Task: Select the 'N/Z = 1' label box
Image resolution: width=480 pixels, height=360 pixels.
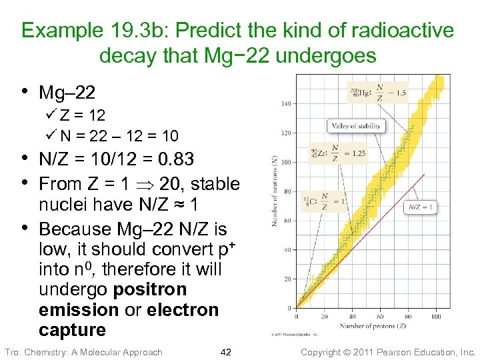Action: click(421, 207)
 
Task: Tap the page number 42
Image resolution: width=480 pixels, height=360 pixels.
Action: click(225, 351)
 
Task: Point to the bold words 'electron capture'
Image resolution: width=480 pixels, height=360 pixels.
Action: click(128, 320)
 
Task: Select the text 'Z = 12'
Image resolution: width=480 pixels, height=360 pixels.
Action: click(83, 116)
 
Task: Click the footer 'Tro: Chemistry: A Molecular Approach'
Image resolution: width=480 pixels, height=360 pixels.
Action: click(83, 351)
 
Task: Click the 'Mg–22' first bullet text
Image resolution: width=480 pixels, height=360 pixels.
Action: click(67, 93)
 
